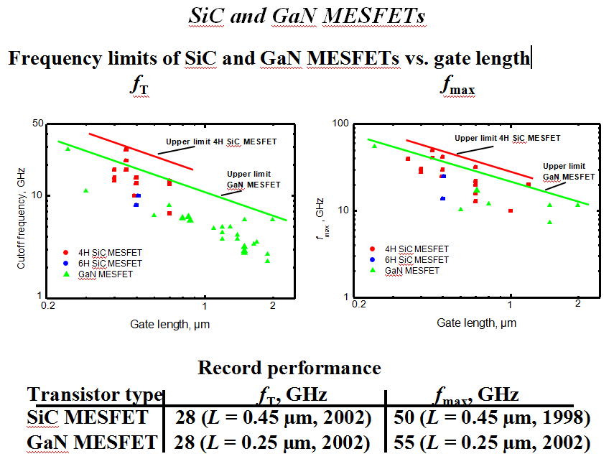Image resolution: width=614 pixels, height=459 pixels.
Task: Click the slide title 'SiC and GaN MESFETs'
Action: point(307,16)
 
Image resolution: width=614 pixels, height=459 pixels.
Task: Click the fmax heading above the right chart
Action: point(458,87)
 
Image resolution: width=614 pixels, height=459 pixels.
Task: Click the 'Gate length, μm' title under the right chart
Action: point(476,323)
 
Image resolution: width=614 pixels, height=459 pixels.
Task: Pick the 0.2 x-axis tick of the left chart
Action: point(49,306)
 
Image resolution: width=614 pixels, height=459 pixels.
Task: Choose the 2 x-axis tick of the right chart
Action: point(578,305)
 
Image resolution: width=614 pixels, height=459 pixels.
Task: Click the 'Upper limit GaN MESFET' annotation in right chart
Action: point(568,171)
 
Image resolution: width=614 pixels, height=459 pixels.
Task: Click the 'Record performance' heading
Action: point(289,368)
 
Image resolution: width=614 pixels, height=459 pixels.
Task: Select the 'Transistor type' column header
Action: point(95,394)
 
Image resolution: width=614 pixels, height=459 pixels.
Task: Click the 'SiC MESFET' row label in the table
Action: point(88,417)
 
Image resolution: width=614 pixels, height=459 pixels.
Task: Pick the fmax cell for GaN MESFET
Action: point(492,441)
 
